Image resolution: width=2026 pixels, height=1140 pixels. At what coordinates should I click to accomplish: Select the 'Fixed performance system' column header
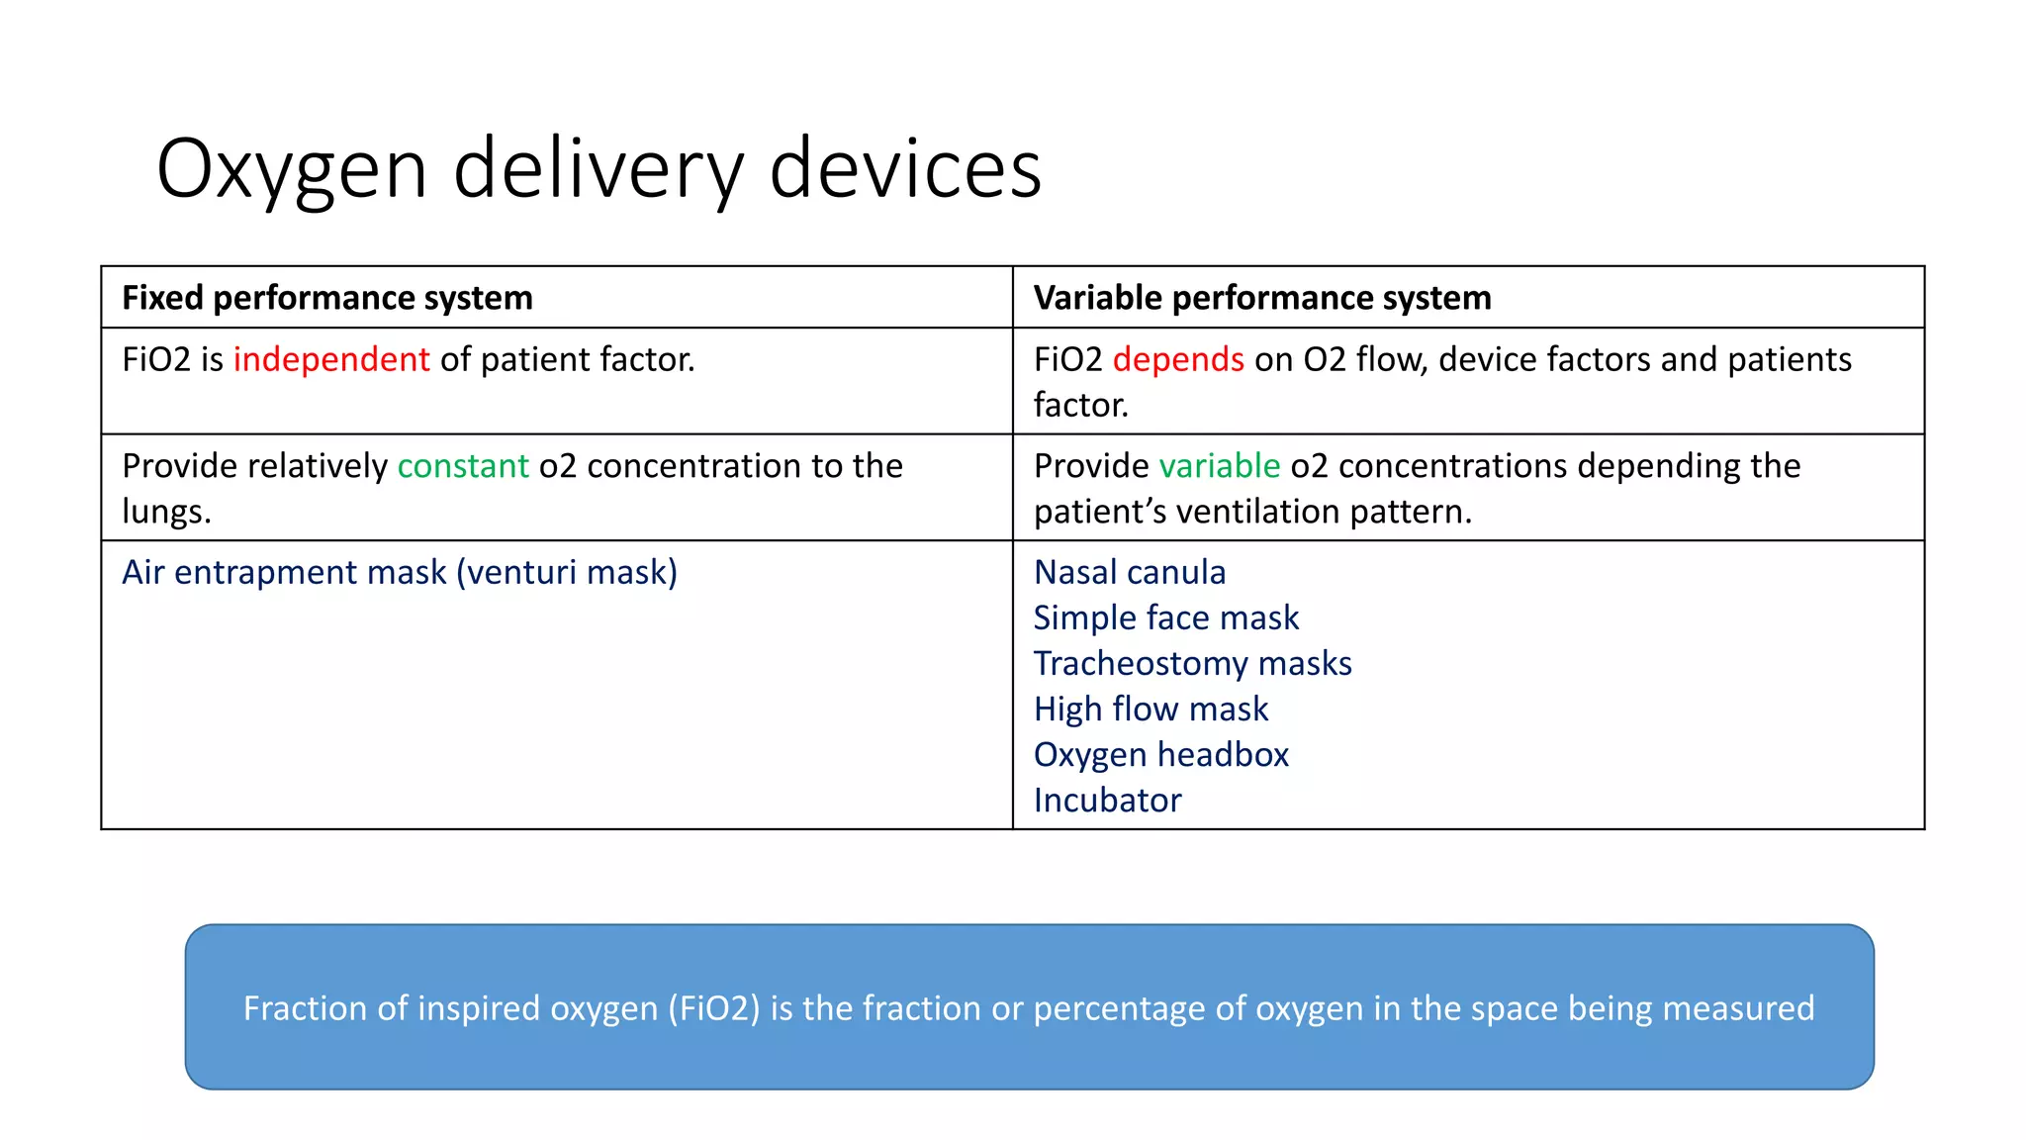(326, 298)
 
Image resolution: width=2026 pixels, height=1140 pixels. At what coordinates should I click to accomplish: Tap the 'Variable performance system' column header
(1261, 298)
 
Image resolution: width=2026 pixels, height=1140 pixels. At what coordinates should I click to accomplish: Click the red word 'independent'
(331, 359)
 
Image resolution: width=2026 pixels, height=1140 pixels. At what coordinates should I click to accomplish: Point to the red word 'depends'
(1177, 359)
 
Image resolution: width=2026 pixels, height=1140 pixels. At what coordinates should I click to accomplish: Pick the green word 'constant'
(463, 466)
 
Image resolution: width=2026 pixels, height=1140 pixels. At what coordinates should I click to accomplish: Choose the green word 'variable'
(1219, 466)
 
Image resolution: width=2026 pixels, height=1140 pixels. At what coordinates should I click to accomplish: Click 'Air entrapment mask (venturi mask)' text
(400, 573)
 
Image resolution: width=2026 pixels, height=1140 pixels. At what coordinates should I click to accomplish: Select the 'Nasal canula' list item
(1129, 573)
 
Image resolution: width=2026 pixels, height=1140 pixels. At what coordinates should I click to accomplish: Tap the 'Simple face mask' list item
(1165, 618)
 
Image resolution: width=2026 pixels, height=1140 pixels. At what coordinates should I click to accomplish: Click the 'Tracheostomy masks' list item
(1192, 664)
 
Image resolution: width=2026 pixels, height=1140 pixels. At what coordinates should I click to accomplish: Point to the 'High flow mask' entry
(1151, 710)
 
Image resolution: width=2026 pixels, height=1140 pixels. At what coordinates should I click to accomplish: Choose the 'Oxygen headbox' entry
(1160, 755)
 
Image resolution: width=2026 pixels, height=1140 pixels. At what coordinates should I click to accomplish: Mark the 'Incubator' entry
(1107, 801)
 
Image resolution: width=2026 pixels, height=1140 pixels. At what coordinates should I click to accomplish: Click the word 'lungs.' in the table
(166, 512)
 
